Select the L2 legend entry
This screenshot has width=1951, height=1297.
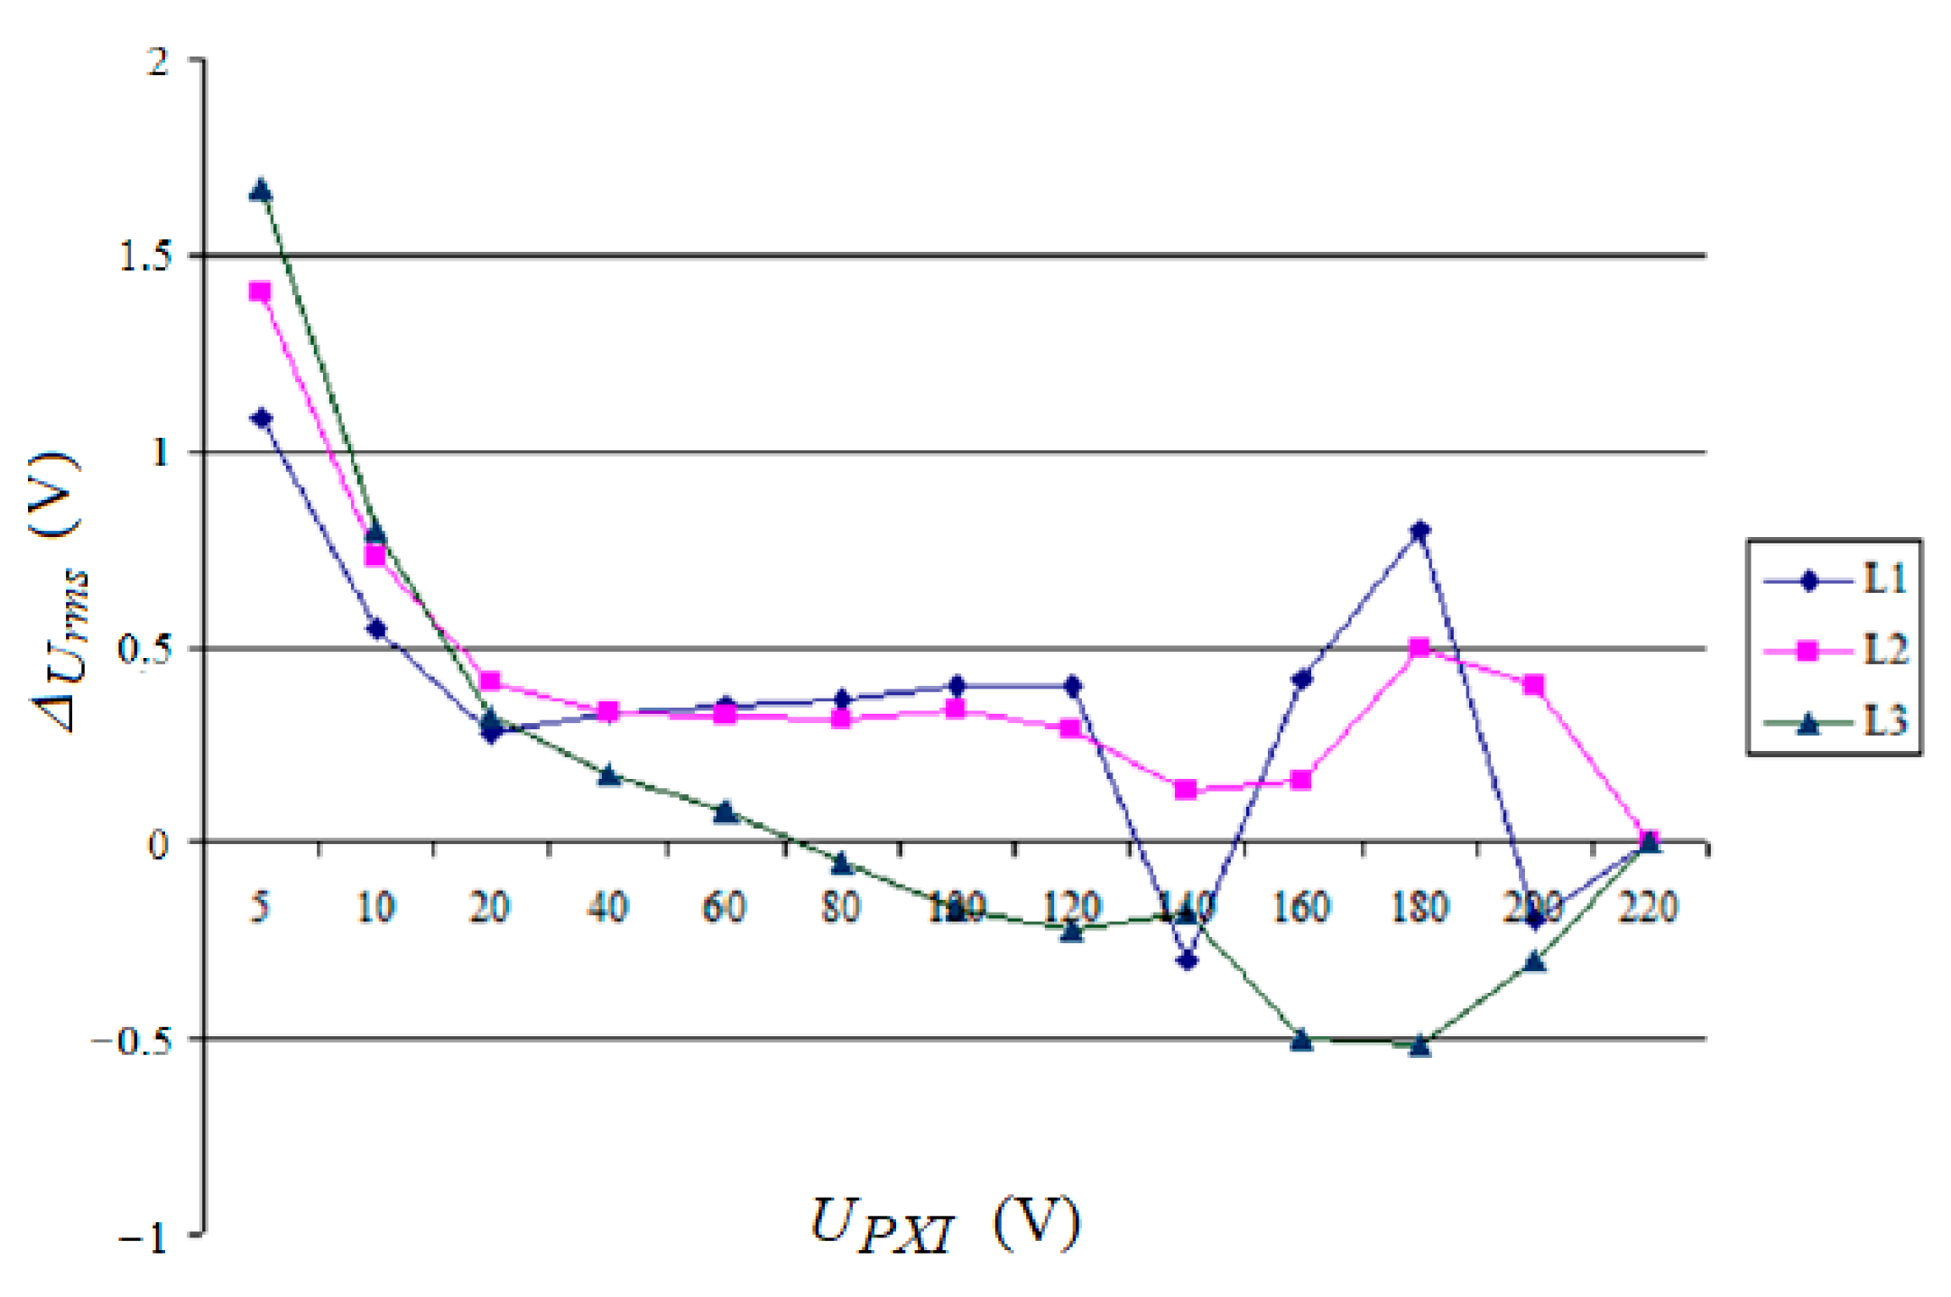click(x=1835, y=650)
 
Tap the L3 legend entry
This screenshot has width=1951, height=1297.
click(x=1835, y=721)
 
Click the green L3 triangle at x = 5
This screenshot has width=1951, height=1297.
click(x=261, y=190)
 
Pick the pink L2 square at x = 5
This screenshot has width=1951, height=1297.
click(x=261, y=292)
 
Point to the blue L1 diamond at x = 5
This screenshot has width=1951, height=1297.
click(x=262, y=418)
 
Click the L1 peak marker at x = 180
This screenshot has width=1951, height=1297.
click(x=1419, y=530)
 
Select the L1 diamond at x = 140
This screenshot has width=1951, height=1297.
click(x=1188, y=959)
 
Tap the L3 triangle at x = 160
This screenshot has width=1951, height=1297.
click(x=1301, y=1039)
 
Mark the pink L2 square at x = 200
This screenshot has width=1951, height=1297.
click(x=1533, y=685)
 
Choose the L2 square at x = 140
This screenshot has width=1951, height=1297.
click(x=1186, y=790)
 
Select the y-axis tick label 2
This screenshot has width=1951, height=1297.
click(x=159, y=62)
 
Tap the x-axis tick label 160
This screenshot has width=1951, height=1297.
click(x=1300, y=907)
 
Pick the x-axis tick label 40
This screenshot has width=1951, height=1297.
click(x=607, y=907)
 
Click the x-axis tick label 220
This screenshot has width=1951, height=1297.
click(x=1648, y=907)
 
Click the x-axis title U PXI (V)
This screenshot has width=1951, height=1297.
click(x=944, y=1225)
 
